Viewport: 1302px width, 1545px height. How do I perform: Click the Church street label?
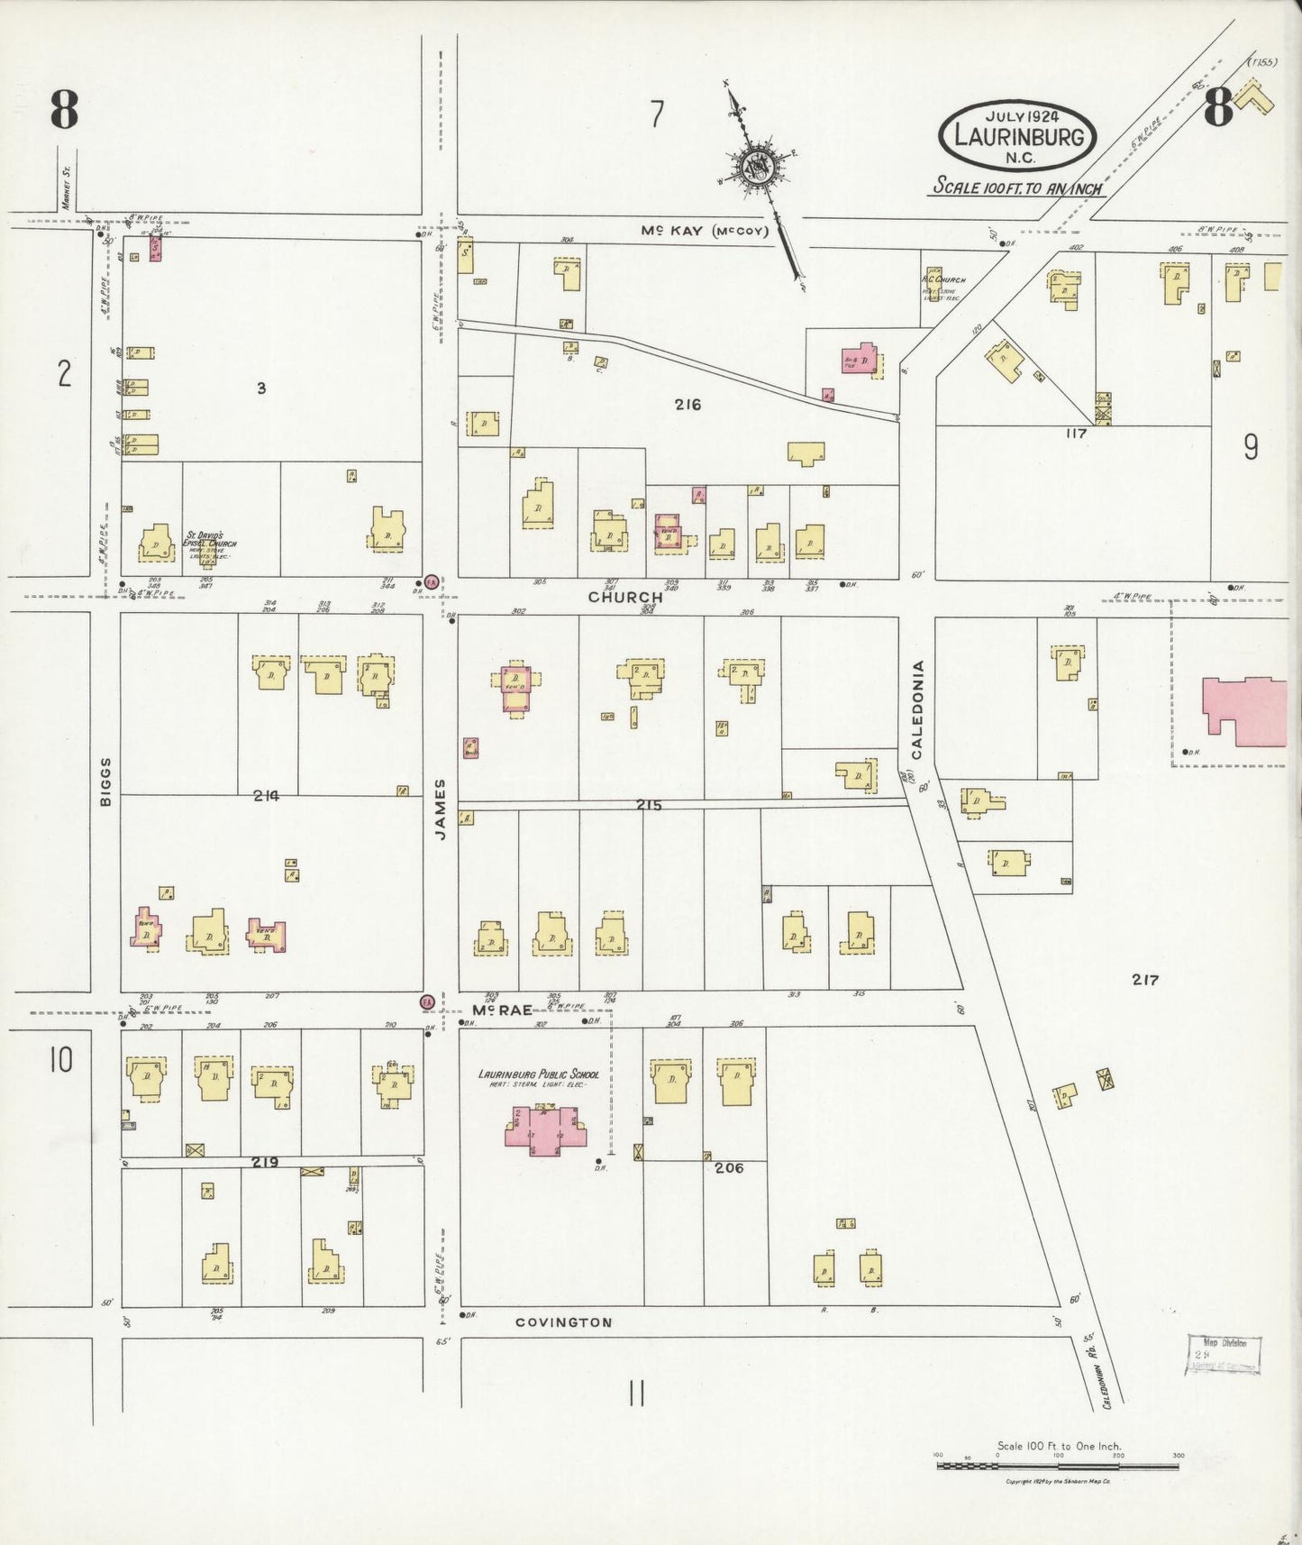[x=625, y=597]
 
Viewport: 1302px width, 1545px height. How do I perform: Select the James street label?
[x=441, y=809]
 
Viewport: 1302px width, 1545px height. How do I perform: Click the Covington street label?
[x=563, y=1322]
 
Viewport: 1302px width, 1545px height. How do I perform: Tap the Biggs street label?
[x=105, y=781]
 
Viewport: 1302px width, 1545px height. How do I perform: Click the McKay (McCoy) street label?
[x=705, y=231]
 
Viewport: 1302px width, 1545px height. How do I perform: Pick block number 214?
[x=266, y=795]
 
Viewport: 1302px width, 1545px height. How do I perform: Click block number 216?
[x=687, y=405]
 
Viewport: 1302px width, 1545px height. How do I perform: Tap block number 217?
[x=1144, y=980]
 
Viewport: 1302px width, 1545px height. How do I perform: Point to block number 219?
[x=264, y=1163]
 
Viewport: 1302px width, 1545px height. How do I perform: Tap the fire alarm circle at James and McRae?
[x=427, y=1002]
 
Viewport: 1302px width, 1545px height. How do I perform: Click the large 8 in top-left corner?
[x=64, y=111]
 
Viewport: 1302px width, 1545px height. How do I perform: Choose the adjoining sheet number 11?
[x=635, y=1394]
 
